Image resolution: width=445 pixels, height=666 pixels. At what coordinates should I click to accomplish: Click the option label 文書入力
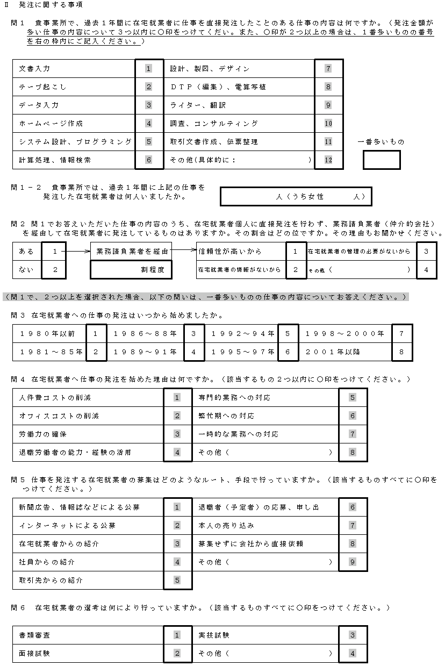[35, 69]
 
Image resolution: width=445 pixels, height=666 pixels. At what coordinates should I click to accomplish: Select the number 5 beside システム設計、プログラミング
[149, 141]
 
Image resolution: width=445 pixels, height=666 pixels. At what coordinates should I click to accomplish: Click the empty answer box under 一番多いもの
[382, 160]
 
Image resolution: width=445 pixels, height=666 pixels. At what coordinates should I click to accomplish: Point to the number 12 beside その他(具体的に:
[328, 160]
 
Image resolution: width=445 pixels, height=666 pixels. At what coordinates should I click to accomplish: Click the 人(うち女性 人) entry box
[295, 197]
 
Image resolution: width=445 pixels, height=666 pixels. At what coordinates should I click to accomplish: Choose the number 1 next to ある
[55, 251]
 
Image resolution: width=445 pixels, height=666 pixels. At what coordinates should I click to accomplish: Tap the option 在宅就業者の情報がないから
[240, 269]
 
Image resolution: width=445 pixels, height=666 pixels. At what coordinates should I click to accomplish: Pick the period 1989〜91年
[145, 352]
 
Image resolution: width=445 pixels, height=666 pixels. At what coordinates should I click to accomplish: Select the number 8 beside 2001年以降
[401, 352]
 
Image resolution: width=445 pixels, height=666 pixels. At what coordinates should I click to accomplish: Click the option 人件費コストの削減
[55, 398]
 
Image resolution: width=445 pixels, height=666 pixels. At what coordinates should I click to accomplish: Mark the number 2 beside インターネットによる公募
[177, 525]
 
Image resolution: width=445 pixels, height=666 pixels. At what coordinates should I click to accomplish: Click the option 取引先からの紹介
[51, 581]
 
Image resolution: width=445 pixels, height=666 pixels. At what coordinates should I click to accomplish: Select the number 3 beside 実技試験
[353, 635]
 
